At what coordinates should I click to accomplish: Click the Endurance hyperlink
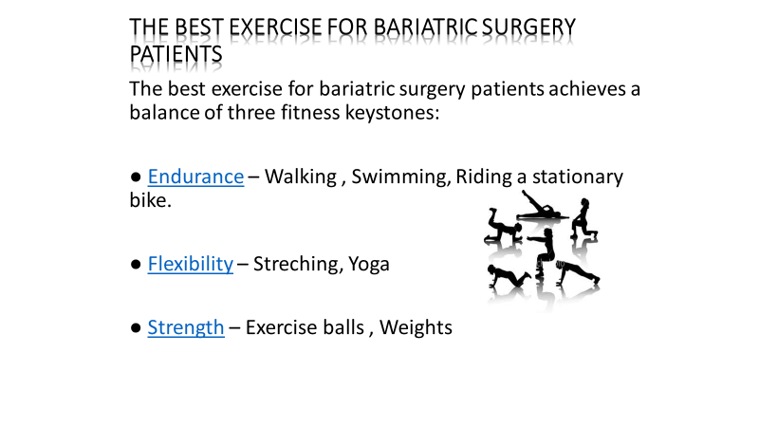195,176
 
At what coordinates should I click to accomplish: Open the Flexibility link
191,264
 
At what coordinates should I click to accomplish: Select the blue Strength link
186,327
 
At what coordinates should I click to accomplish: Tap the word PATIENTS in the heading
176,54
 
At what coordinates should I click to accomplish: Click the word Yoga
369,265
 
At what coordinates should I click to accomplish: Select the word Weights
416,327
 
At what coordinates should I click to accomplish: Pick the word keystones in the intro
392,113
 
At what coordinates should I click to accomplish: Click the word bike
150,200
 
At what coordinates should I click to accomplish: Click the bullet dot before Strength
136,327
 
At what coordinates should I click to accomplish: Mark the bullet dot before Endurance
136,177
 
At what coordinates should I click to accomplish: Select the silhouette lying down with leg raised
542,206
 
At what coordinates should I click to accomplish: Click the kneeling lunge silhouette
583,218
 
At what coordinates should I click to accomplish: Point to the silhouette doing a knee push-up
508,276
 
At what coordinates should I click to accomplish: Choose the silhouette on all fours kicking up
504,225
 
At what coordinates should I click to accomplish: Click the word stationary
578,177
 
